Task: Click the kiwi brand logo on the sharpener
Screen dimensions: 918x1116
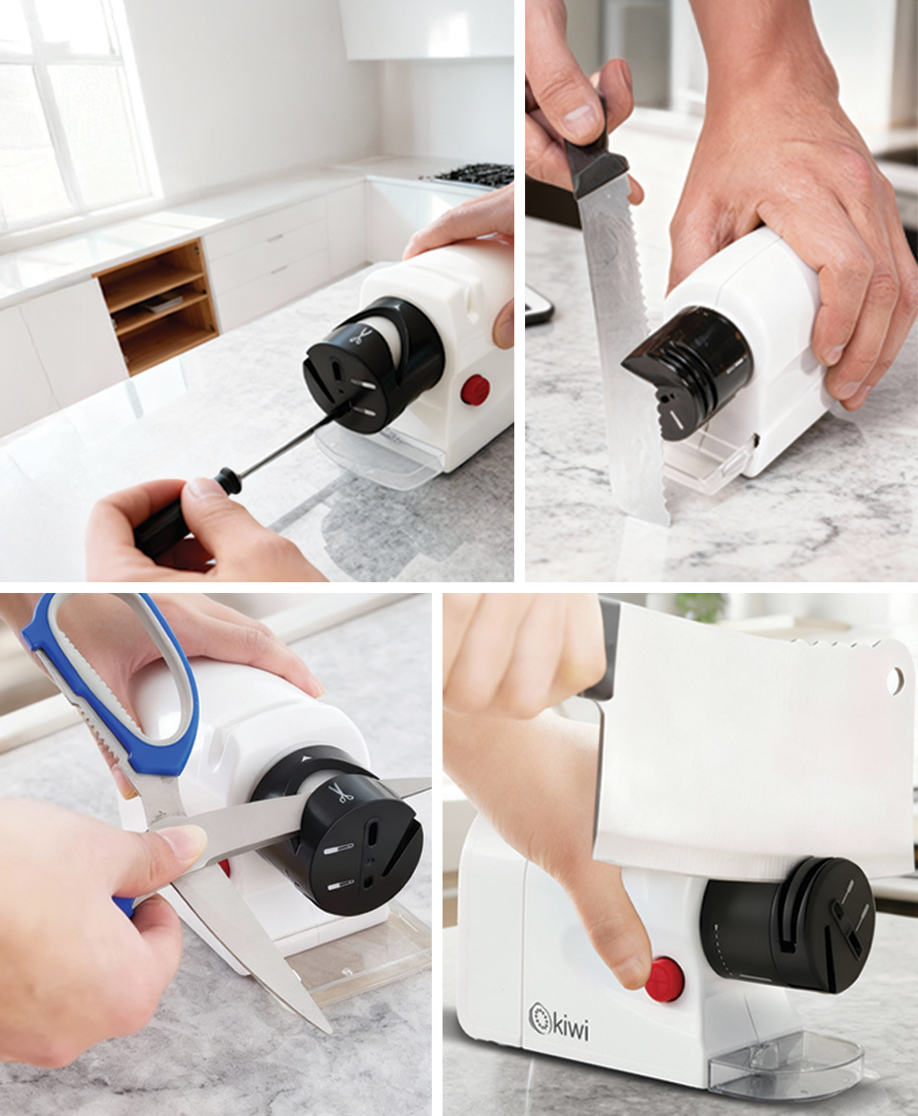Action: pyautogui.click(x=558, y=1021)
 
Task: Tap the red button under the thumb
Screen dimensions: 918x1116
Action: pyautogui.click(x=665, y=978)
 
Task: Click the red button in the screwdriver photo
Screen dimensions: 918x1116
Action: pyautogui.click(x=475, y=389)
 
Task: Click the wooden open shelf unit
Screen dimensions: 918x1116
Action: pyautogui.click(x=156, y=306)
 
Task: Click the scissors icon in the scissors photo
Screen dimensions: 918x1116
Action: pyautogui.click(x=344, y=793)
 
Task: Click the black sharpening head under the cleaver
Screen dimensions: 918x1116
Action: pyautogui.click(x=790, y=925)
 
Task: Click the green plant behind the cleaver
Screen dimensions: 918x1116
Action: pyautogui.click(x=701, y=607)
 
